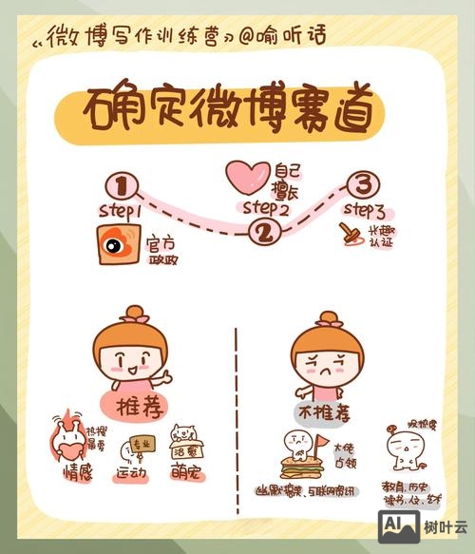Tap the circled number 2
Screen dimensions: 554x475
[264, 231]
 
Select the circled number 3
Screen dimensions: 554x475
[362, 182]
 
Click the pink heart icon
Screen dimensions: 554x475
[250, 177]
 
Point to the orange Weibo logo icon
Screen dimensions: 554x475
[119, 246]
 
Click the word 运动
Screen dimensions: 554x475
[133, 472]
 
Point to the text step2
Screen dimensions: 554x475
[265, 207]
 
